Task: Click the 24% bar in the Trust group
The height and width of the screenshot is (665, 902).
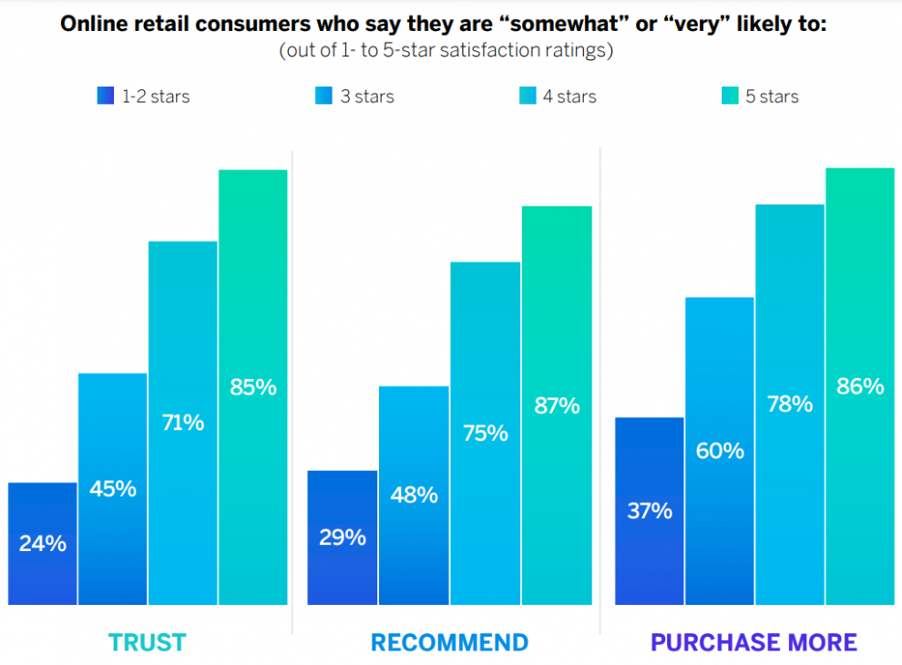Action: click(43, 544)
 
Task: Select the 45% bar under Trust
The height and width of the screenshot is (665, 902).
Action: click(113, 489)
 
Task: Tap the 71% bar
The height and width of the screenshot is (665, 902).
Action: click(183, 423)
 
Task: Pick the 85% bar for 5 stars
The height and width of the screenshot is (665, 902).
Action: click(253, 387)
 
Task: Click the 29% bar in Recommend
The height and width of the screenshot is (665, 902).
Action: click(343, 537)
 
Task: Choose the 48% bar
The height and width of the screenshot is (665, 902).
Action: click(415, 496)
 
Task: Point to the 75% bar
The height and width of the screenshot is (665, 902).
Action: click(486, 434)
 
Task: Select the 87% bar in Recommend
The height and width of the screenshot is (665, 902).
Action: click(557, 405)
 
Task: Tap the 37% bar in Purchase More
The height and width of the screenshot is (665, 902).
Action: click(650, 511)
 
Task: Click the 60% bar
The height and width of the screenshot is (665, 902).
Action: click(720, 451)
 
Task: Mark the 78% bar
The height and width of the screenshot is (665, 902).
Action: click(790, 404)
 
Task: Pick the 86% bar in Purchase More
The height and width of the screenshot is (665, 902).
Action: click(860, 386)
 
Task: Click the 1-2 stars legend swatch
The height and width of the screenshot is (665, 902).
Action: click(106, 96)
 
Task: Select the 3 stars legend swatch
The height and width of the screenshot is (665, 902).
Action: click(323, 96)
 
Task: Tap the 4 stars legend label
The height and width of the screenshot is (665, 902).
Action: click(569, 96)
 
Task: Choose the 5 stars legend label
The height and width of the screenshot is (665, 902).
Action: click(772, 96)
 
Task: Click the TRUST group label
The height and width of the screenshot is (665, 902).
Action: click(148, 642)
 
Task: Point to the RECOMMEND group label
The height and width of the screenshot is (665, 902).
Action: click(449, 642)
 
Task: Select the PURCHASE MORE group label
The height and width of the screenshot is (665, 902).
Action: click(753, 642)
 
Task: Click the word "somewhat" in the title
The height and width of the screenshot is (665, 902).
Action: click(565, 25)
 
